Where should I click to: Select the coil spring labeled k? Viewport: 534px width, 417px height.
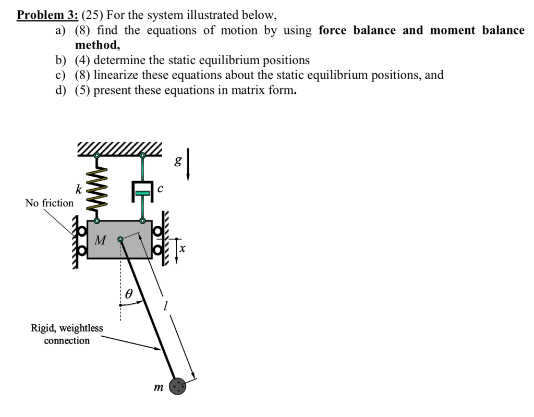[x=97, y=188]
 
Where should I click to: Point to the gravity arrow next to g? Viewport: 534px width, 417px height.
[x=188, y=165]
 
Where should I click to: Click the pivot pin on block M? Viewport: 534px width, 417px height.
[x=120, y=239]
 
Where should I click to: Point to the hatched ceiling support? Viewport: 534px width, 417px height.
[x=119, y=149]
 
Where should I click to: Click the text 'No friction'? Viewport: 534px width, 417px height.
[x=50, y=203]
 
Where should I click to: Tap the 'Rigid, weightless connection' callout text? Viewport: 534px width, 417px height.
[x=67, y=334]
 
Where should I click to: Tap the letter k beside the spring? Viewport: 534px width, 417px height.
[x=78, y=189]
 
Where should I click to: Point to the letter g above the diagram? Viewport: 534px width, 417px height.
[x=178, y=161]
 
